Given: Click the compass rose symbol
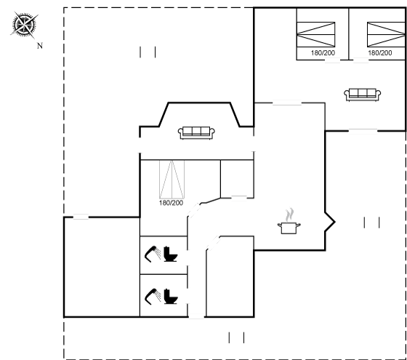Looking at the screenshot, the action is (24, 25).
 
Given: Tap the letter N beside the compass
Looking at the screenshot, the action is (40, 46).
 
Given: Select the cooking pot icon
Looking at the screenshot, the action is (289, 228).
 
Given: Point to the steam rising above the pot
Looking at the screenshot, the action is (289, 215).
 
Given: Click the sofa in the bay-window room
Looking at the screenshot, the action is (196, 132).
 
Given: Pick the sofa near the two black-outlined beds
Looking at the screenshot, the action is (363, 95).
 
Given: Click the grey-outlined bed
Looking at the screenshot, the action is (172, 179).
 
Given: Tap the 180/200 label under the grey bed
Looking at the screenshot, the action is (171, 203).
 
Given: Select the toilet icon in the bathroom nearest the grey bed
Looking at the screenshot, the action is (171, 254).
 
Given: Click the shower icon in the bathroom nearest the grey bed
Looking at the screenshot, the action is (153, 254).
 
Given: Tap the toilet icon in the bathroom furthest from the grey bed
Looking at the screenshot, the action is (171, 297).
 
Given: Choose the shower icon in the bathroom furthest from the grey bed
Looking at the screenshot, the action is (153, 297).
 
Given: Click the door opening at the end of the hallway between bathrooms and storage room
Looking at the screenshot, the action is (196, 316).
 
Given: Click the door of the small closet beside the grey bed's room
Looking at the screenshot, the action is (239, 198).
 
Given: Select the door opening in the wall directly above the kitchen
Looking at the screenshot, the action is (287, 103).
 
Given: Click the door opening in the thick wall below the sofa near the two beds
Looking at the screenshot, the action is (363, 131).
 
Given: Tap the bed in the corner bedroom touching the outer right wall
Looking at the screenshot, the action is (386, 35).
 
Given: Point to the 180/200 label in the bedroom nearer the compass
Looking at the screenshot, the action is (323, 53).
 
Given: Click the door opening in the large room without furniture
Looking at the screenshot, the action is (81, 217).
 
